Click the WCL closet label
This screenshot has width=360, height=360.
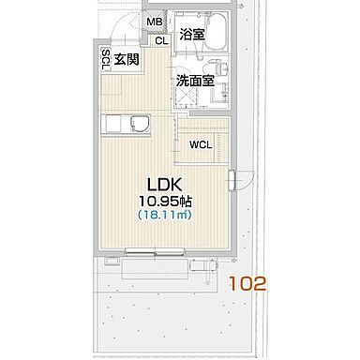(201, 145)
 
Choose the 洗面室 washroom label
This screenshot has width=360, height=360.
(195, 80)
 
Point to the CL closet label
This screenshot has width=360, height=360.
(160, 40)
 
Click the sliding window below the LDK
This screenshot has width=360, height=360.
(155, 251)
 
